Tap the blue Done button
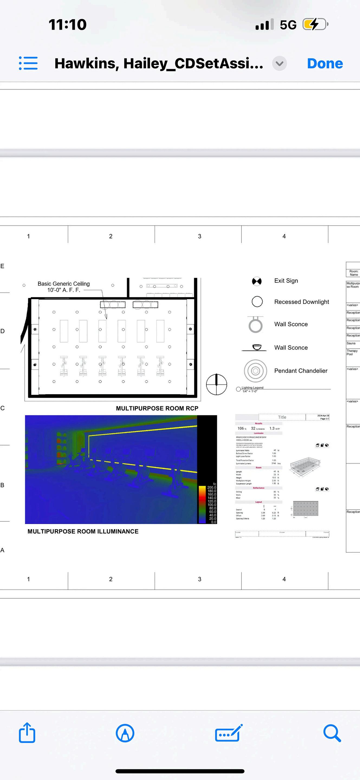pos(325,64)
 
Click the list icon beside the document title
pos(28,63)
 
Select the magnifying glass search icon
pos(332,733)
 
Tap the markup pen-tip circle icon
pos(125,733)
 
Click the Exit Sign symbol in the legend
pos(257,281)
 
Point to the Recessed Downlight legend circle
pos(257,302)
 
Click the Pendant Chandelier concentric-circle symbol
pos(255,371)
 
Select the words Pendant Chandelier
pos(301,371)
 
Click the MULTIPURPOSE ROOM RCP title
pos(157,408)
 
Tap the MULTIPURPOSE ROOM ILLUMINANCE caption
pos(83,531)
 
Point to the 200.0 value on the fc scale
pos(212,487)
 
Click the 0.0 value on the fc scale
pos(213,522)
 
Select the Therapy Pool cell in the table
pos(352,352)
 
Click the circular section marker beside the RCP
pos(216,384)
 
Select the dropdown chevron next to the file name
pos(279,64)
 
